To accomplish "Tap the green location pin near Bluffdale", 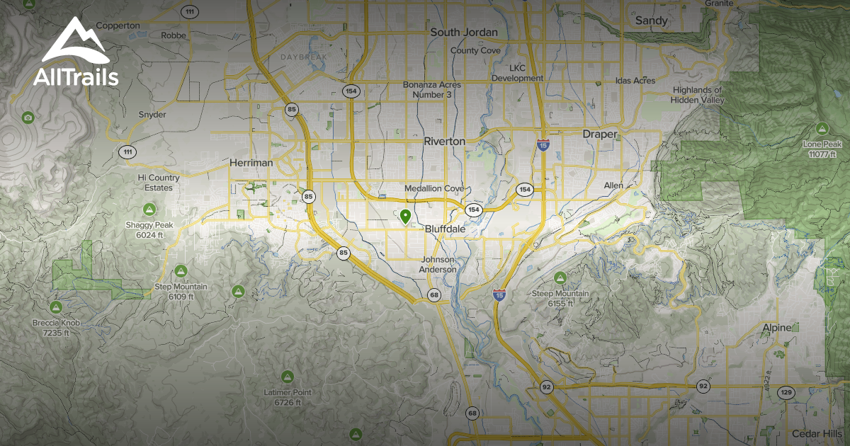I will tap(405, 217).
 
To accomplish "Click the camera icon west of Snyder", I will tap(28, 117).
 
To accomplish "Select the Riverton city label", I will tap(444, 141).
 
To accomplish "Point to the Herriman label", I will tap(251, 162).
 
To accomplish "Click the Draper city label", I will tap(600, 134).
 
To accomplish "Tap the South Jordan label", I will tap(464, 32).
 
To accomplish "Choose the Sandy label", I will tap(651, 21).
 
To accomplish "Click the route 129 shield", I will tap(786, 391).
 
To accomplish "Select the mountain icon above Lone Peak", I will tap(822, 129).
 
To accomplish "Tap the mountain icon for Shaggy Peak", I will tap(149, 209).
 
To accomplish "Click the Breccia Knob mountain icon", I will tap(56, 307).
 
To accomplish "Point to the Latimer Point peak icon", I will tap(287, 375).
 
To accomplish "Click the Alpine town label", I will tap(776, 328).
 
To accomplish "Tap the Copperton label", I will tap(118, 25).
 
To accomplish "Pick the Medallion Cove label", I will tap(433, 189).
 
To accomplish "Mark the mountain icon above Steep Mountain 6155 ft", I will tap(560, 277).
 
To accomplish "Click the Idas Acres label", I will tap(635, 81).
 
